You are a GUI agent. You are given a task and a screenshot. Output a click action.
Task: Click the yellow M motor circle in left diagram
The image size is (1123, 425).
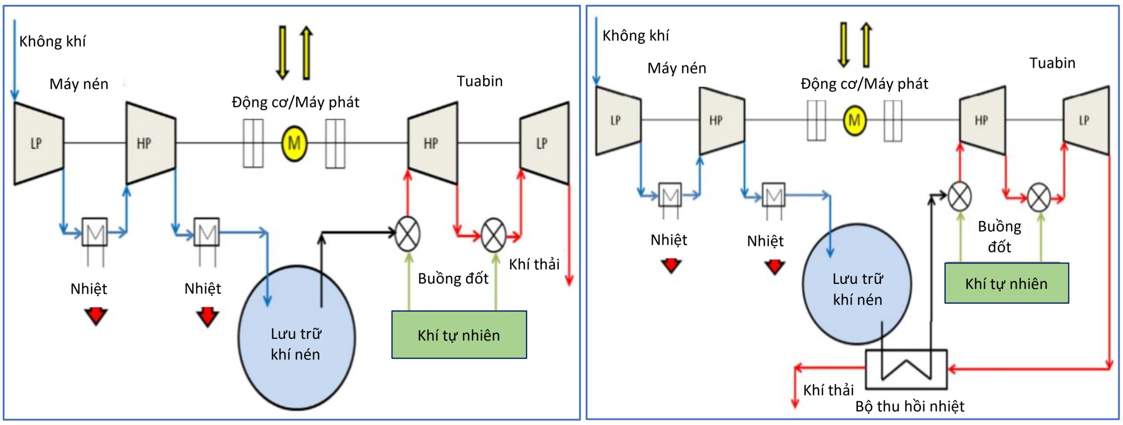click(x=294, y=143)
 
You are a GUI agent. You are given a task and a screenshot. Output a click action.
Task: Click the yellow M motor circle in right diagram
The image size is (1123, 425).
click(x=854, y=120)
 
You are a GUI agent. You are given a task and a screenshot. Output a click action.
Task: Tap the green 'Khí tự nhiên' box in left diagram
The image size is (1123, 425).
click(x=459, y=335)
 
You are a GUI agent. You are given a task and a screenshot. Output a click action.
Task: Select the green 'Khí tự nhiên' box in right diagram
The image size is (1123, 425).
click(x=1006, y=284)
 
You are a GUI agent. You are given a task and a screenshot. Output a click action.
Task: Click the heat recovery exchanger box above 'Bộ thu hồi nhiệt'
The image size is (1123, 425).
click(x=906, y=369)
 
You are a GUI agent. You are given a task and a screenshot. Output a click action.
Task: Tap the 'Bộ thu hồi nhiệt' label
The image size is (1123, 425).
click(x=909, y=407)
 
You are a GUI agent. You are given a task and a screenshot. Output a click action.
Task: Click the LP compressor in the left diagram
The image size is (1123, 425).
click(x=38, y=143)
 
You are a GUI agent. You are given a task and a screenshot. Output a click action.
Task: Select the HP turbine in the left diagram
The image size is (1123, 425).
click(x=432, y=143)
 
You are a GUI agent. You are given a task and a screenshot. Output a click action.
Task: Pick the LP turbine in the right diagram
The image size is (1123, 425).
click(x=1085, y=120)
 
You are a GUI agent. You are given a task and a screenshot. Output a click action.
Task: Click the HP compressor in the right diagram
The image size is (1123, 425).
click(x=721, y=120)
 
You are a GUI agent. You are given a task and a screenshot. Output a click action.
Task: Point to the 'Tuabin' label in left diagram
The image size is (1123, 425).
click(x=479, y=81)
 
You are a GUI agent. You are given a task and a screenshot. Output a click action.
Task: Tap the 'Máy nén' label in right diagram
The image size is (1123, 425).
click(x=676, y=68)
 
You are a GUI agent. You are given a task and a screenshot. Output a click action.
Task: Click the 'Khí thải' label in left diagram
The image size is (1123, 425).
click(x=534, y=264)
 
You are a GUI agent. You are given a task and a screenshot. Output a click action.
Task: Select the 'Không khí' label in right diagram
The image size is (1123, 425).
click(x=635, y=36)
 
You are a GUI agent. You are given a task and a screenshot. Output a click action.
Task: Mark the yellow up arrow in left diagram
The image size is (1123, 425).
click(x=306, y=53)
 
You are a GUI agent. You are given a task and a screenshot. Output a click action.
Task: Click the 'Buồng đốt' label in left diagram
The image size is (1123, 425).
click(x=453, y=279)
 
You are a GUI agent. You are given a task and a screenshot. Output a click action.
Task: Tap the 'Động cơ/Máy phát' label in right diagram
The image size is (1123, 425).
click(x=864, y=84)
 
